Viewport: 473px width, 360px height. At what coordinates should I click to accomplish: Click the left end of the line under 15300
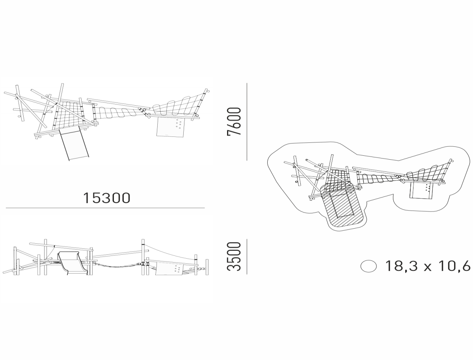click(x=6, y=208)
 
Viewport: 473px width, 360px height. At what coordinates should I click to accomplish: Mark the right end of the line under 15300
click(x=205, y=208)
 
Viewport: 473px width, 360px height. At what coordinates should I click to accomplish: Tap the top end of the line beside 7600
click(x=247, y=83)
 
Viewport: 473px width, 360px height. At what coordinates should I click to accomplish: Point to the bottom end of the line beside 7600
click(x=247, y=160)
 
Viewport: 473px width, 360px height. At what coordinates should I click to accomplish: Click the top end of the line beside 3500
click(x=247, y=239)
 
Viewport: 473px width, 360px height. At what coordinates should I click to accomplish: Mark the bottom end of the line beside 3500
click(x=247, y=274)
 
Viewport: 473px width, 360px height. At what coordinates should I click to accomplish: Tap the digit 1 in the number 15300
click(x=86, y=198)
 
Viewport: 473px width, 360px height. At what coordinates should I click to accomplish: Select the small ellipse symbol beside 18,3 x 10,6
click(x=369, y=266)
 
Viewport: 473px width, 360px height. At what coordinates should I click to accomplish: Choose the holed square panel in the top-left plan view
click(x=170, y=127)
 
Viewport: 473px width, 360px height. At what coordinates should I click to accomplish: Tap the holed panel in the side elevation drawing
click(x=169, y=269)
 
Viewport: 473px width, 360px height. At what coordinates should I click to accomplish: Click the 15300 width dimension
click(x=107, y=198)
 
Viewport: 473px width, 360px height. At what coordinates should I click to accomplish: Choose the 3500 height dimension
click(x=234, y=256)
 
